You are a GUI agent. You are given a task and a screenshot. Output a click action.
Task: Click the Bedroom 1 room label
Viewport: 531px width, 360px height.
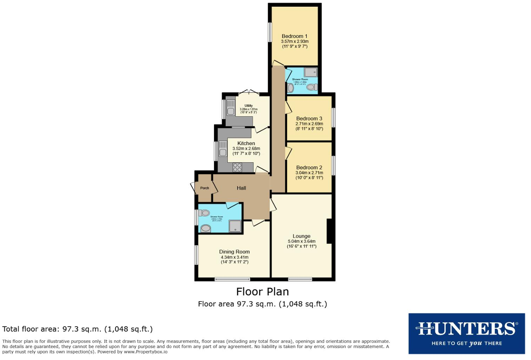(294, 36)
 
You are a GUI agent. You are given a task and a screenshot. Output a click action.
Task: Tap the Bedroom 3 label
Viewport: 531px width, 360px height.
(309, 119)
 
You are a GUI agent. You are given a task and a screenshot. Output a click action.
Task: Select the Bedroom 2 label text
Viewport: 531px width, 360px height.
(309, 168)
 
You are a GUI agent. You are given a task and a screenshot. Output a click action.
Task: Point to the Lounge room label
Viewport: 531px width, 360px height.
(301, 236)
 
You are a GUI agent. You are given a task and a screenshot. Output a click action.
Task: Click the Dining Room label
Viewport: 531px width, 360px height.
(234, 251)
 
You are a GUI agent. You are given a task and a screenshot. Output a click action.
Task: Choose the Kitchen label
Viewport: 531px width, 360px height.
(246, 143)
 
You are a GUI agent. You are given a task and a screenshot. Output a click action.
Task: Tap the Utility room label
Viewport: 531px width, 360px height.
(248, 106)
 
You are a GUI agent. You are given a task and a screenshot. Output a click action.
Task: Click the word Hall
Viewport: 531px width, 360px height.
(241, 188)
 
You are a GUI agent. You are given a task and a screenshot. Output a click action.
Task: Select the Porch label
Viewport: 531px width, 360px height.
(204, 188)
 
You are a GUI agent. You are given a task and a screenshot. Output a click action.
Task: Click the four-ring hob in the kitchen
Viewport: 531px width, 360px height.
(237, 167)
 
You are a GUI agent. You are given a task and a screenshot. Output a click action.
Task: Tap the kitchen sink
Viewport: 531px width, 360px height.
(223, 152)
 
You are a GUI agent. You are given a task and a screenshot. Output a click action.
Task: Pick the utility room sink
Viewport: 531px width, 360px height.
(231, 111)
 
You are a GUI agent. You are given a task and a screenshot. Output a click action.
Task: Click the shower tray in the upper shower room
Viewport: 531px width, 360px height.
(311, 72)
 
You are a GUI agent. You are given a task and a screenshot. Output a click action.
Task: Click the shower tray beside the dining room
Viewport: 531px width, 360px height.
(235, 226)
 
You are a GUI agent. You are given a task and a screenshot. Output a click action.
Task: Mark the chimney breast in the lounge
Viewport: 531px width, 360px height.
(329, 231)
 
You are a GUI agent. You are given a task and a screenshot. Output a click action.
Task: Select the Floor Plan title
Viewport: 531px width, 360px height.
(262, 292)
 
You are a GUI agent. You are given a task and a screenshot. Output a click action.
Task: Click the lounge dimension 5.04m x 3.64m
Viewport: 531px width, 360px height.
(301, 241)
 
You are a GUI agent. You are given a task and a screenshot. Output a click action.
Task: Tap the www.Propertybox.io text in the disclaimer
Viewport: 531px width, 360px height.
(145, 352)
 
